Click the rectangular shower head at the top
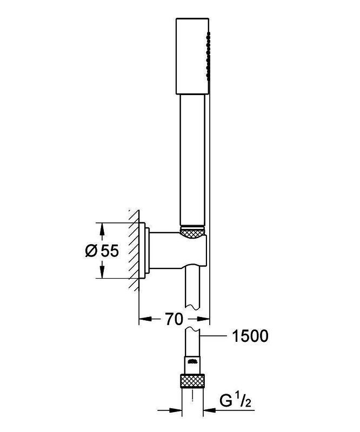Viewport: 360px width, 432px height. pos(191,57)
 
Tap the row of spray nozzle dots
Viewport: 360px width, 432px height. pos(206,57)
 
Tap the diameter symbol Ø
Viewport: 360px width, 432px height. pos(91,251)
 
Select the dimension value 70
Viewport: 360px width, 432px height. pos(174,319)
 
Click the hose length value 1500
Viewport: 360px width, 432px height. pos(250,336)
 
